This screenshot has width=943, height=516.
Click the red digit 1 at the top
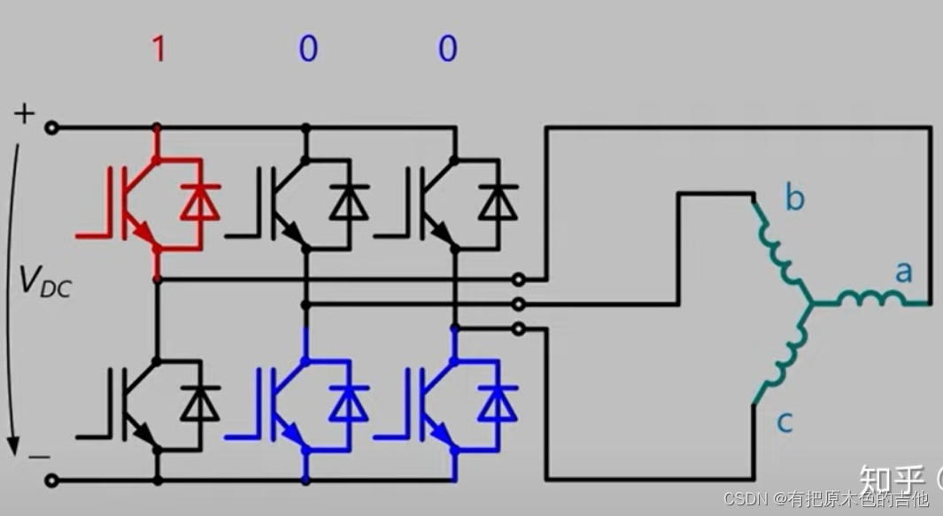158,49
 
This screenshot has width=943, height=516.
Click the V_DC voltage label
45,281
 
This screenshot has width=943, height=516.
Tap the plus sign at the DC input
26,113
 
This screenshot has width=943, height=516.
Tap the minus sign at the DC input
38,457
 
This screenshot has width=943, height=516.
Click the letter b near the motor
794,198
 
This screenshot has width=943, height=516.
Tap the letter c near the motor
785,422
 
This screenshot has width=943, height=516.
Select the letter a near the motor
902,272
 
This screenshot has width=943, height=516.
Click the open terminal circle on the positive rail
52,128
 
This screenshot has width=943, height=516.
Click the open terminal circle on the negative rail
52,481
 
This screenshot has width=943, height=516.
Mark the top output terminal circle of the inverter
519,280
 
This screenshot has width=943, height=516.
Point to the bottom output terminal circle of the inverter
519,329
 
